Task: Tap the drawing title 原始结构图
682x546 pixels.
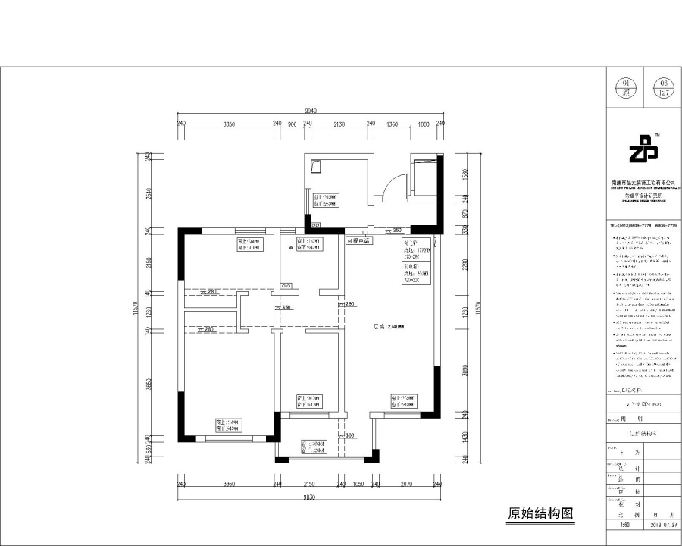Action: click(540, 514)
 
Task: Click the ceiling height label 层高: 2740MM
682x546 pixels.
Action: click(389, 328)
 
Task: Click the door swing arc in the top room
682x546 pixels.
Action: click(393, 184)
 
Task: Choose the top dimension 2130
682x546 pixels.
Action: click(339, 124)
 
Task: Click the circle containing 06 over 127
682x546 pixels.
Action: click(664, 88)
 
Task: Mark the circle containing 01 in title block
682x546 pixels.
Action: click(626, 88)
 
